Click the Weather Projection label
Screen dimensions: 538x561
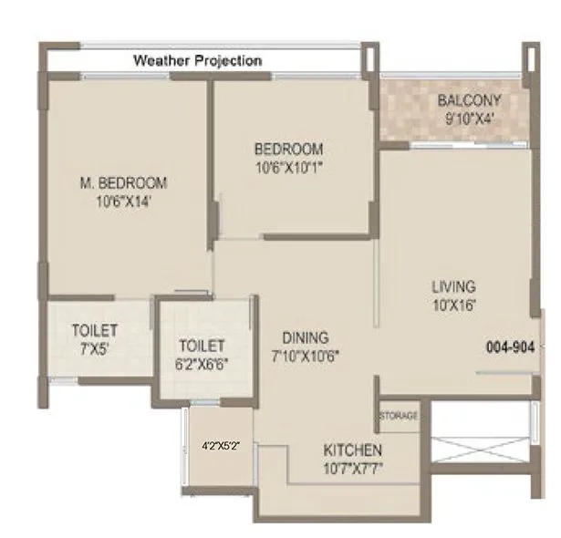[198, 60]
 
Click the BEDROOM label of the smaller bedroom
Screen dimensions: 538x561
[288, 149]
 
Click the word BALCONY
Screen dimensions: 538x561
[467, 99]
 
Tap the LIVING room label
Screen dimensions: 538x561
[453, 287]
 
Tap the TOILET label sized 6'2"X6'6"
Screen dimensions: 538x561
[202, 346]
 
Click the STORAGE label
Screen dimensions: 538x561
[399, 416]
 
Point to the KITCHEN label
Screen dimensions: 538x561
[352, 450]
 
